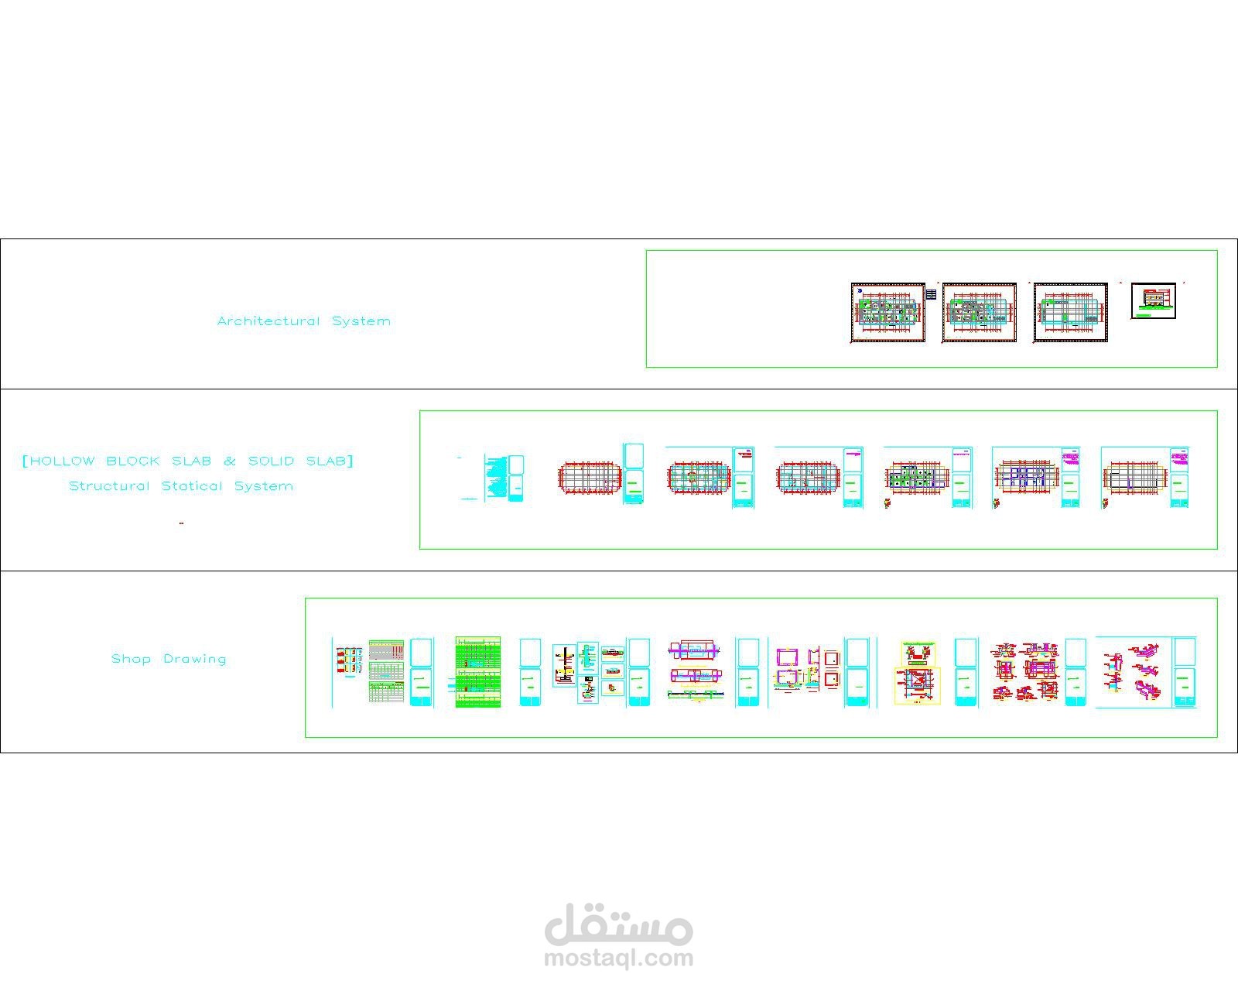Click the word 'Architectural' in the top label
click(268, 321)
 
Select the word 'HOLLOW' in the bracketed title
click(63, 461)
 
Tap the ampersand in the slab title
click(230, 461)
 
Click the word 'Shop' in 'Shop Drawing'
click(131, 659)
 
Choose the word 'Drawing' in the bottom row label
click(195, 660)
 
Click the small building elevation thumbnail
click(1153, 300)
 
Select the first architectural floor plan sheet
click(888, 312)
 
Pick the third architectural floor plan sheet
click(1071, 312)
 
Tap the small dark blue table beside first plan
click(932, 294)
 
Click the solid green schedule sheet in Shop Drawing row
click(478, 672)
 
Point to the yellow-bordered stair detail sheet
click(918, 672)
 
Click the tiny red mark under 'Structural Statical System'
click(181, 523)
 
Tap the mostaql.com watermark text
click(619, 958)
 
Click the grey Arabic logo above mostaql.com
click(619, 924)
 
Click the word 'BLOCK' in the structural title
click(132, 461)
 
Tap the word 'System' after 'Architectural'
click(361, 321)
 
